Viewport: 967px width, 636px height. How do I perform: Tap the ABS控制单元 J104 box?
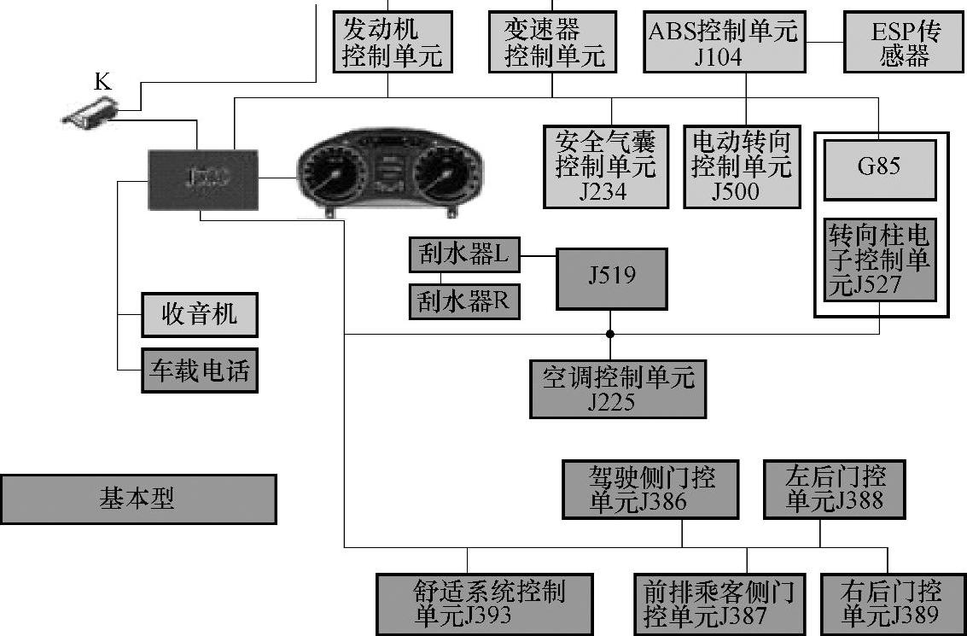(723, 42)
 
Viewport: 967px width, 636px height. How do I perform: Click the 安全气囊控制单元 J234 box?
(606, 166)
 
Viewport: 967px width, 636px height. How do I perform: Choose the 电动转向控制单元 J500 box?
(742, 166)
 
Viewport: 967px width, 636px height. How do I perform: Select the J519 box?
(611, 278)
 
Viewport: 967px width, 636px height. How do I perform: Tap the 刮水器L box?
(464, 254)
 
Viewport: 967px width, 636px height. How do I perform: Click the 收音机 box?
(200, 314)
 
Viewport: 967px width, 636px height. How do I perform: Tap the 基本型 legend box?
(138, 499)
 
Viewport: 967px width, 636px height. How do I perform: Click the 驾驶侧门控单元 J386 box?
(651, 489)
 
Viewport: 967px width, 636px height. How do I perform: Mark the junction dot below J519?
(610, 333)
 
